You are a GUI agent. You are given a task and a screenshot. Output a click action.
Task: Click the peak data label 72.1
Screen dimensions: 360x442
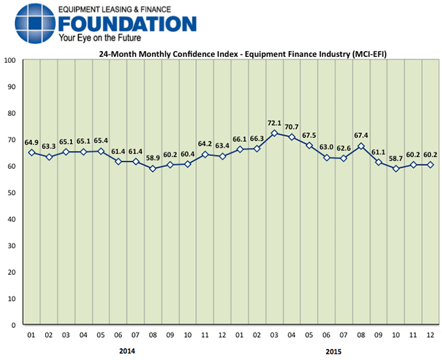[274, 122]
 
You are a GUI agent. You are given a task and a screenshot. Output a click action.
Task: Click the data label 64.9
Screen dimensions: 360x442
[31, 142]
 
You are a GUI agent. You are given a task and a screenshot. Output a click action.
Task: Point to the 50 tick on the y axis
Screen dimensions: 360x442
[12, 192]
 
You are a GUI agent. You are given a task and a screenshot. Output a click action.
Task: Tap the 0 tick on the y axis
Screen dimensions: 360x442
[14, 325]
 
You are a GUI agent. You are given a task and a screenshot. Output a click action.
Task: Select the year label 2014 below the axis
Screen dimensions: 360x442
[127, 351]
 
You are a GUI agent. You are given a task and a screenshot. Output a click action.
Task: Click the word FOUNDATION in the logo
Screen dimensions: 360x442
[127, 24]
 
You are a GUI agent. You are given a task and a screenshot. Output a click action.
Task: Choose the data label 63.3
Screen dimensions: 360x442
[49, 147]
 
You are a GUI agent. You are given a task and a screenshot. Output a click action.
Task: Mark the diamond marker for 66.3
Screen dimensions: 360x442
[257, 149]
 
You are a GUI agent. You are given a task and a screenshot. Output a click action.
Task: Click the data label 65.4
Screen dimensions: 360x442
[101, 141]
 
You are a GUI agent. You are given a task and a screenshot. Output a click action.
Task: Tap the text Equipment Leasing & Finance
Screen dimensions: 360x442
[115, 10]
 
